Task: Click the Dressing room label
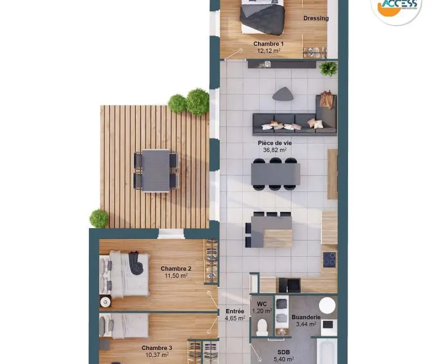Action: coord(316,18)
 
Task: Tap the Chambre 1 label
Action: coord(268,44)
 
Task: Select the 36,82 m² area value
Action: coord(275,150)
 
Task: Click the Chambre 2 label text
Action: coord(176,269)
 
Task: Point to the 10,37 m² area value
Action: coord(157,355)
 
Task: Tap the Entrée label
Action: coord(235,311)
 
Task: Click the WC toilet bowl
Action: coord(262,327)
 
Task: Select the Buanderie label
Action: coord(306,317)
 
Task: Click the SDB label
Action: coord(283,352)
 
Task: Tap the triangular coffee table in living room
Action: coord(283,94)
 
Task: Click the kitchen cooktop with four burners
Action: coord(329,260)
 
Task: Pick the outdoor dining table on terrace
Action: coord(156,171)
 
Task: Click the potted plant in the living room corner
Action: coord(329,68)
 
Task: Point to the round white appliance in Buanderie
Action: coord(327,305)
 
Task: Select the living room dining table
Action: coord(275,174)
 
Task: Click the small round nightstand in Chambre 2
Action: coord(105,303)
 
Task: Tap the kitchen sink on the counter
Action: coord(290,285)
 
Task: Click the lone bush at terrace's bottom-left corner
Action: coord(99,219)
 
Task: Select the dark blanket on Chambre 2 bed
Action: coord(136,263)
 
